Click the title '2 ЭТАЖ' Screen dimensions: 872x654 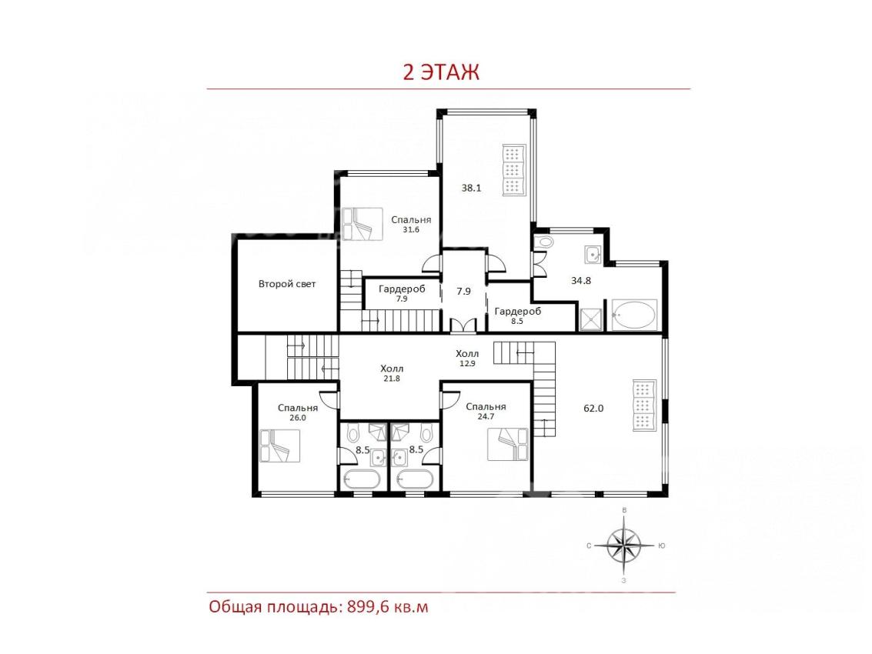(x=440, y=72)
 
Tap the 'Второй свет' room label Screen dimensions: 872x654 (x=287, y=284)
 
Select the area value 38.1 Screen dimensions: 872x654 (x=471, y=188)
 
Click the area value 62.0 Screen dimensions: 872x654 (x=593, y=409)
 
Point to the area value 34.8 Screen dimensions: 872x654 (x=581, y=281)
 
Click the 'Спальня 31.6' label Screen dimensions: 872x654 (x=411, y=224)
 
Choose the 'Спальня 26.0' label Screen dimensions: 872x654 (x=298, y=412)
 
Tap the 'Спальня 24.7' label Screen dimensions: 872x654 (x=486, y=412)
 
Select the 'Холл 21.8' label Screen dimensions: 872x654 (x=392, y=373)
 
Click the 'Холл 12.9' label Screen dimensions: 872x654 (x=467, y=358)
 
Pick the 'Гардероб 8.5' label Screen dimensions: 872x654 (x=517, y=316)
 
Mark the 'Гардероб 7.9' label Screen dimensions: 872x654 (x=402, y=294)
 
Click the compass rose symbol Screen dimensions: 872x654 (x=624, y=546)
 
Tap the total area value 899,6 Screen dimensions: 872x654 (x=368, y=606)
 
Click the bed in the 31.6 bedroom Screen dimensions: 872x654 (x=362, y=224)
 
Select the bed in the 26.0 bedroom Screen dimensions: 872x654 (x=279, y=445)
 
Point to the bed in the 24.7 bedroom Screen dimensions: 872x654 (x=508, y=444)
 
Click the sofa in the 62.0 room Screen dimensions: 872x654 (x=645, y=405)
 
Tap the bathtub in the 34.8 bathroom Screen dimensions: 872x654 (x=634, y=315)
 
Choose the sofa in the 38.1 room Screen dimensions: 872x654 (x=514, y=170)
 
